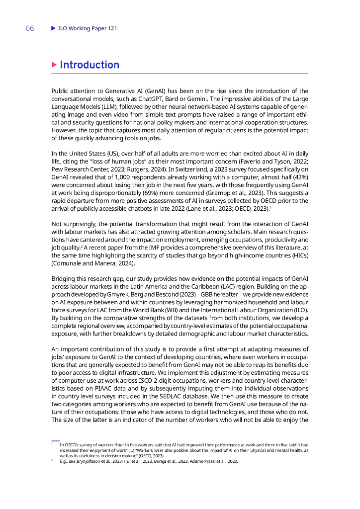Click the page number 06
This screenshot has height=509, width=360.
pyautogui.click(x=30, y=29)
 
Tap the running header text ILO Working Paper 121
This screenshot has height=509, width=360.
pyautogui.click(x=88, y=29)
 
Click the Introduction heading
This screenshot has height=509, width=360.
pyautogui.click(x=90, y=65)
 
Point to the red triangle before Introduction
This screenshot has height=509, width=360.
pyautogui.click(x=54, y=65)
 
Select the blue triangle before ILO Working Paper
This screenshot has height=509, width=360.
pyautogui.click(x=54, y=29)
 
